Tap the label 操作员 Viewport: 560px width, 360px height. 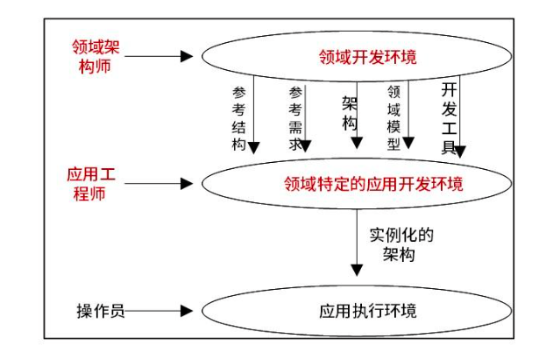coord(97,310)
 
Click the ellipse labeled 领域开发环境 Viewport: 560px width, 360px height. coord(367,58)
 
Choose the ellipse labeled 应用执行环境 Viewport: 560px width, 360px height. coord(368,311)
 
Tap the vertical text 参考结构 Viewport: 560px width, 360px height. coord(238,119)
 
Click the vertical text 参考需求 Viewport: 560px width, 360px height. coord(295,119)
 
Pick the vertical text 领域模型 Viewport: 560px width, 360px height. coord(393,116)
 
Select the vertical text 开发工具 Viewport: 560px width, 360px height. coord(448,119)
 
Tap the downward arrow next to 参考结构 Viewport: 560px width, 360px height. coord(253,118)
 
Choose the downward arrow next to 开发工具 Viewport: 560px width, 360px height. coord(460,118)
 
